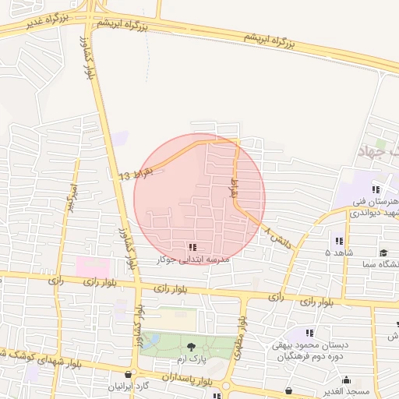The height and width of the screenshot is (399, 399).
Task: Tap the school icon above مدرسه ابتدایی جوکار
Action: coord(192,247)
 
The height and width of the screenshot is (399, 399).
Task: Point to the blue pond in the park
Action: coord(150,341)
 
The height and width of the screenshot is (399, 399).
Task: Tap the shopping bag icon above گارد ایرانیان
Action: coord(129,373)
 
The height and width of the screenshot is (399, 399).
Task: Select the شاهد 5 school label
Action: coord(340,253)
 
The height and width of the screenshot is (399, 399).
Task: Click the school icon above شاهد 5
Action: coord(338,241)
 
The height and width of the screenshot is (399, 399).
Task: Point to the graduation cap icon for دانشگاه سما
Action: coord(383,252)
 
